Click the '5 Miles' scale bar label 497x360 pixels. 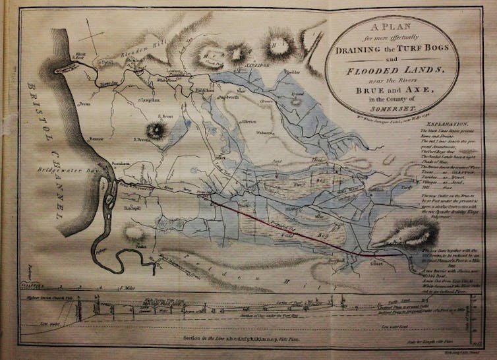click(x=129, y=288)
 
